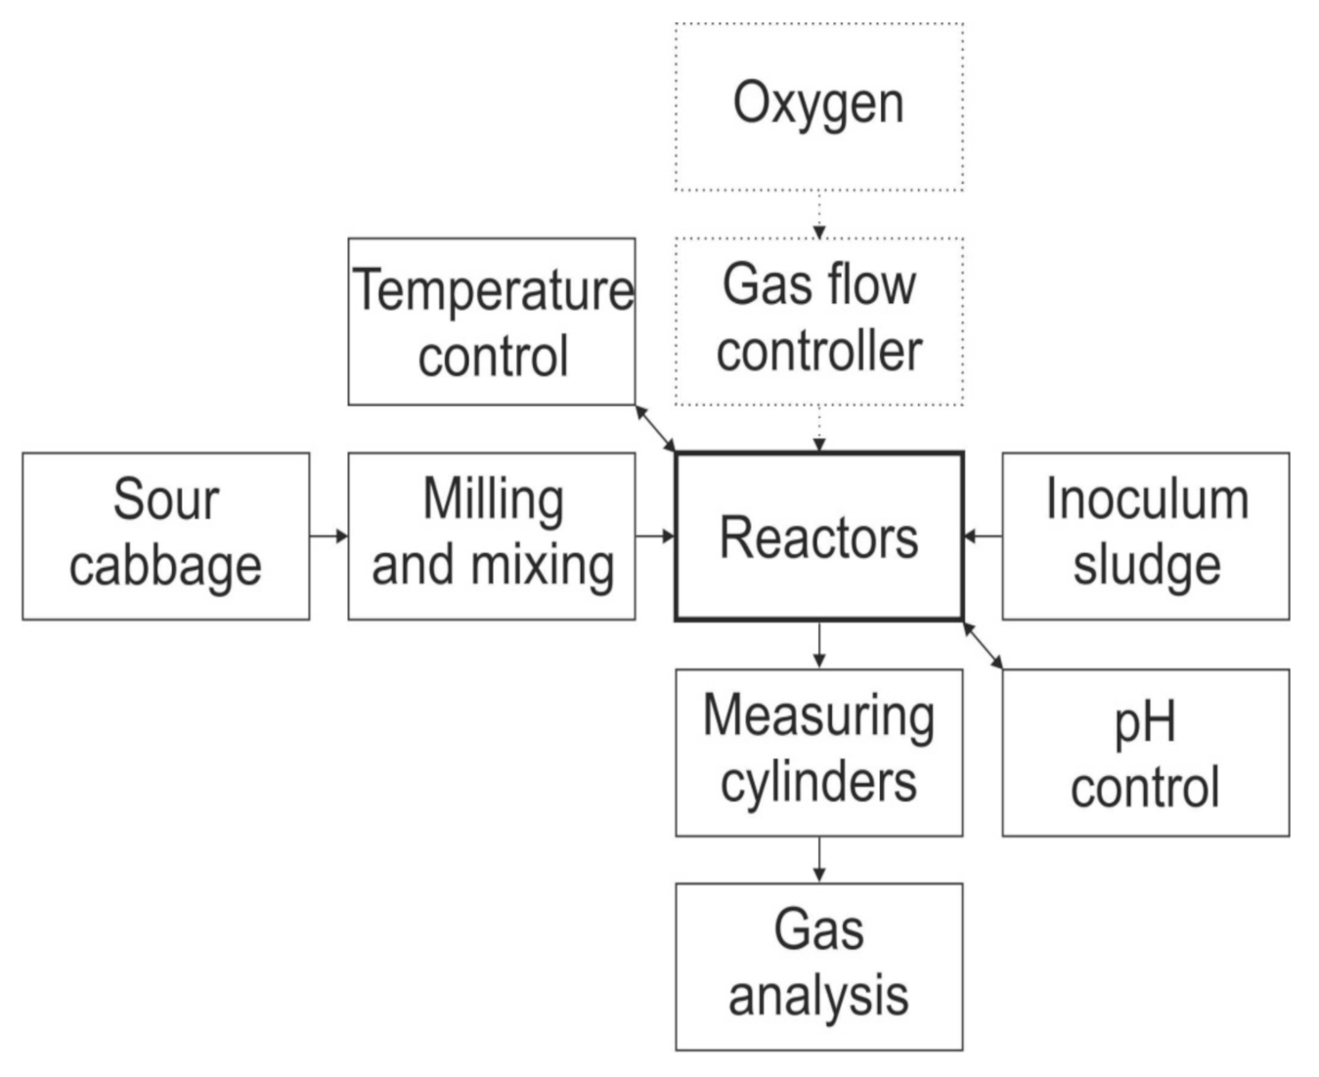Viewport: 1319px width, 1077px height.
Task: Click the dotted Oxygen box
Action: pyautogui.click(x=818, y=106)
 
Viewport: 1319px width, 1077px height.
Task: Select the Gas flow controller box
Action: pyautogui.click(x=818, y=321)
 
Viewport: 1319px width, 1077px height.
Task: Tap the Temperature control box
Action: pyautogui.click(x=492, y=321)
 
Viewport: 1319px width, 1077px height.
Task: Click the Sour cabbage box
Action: pyautogui.click(x=165, y=536)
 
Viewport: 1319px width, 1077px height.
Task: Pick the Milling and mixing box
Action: pyautogui.click(x=492, y=536)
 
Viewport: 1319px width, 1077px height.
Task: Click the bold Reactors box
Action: pyautogui.click(x=818, y=536)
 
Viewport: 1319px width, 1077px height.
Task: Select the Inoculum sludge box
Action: pyautogui.click(x=1145, y=536)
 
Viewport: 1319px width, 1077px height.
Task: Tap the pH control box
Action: pyautogui.click(x=1145, y=753)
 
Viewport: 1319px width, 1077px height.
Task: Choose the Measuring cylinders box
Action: pyautogui.click(x=818, y=753)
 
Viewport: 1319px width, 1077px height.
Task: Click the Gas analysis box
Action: pyautogui.click(x=818, y=967)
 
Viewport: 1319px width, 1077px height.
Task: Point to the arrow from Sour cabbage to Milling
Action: pyautogui.click(x=329, y=536)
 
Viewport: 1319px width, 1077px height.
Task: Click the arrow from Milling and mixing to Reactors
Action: pyautogui.click(x=655, y=536)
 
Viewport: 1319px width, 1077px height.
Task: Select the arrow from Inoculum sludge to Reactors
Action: pyautogui.click(x=983, y=536)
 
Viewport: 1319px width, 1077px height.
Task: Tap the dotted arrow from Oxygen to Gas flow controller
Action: pyautogui.click(x=819, y=214)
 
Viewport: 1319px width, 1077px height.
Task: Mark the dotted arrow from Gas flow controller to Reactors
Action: pyautogui.click(x=819, y=428)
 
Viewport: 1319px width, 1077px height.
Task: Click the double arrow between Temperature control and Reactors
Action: pyautogui.click(x=655, y=428)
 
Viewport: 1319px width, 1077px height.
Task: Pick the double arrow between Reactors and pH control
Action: pyautogui.click(x=983, y=645)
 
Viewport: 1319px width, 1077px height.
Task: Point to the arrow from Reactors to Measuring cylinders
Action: pyautogui.click(x=819, y=645)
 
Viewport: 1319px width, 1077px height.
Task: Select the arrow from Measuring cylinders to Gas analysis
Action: pyautogui.click(x=819, y=859)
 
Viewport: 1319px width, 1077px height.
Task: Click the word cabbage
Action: pyautogui.click(x=165, y=567)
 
